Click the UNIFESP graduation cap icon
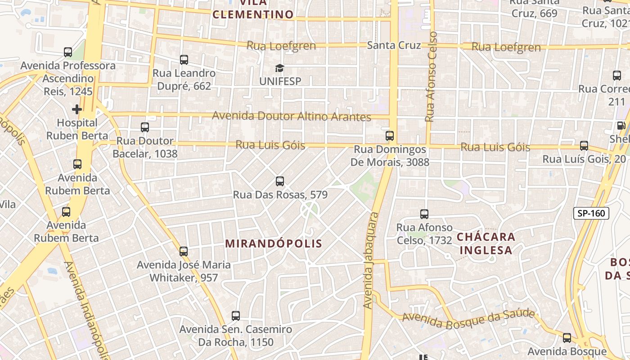pos(280,68)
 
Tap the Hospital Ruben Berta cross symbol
pos(77,109)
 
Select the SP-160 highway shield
pos(591,213)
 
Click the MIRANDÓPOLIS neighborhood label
pos(274,244)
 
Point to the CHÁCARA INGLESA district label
pos(486,243)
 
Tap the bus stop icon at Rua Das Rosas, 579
pos(280,182)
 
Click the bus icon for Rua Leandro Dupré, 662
pos(184,60)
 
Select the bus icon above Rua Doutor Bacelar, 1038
pos(145,127)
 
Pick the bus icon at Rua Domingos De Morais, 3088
pos(390,136)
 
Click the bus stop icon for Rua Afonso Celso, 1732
pos(424,214)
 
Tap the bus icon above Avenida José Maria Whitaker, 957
pos(184,252)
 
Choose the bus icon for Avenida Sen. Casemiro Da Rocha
pos(235,316)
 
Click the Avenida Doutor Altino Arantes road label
pos(292,116)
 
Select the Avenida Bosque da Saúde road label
pos(468,319)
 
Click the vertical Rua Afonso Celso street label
pos(431,76)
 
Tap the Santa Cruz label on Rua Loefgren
pos(394,45)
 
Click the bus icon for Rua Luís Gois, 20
pos(584,146)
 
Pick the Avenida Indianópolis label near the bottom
pos(85,310)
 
